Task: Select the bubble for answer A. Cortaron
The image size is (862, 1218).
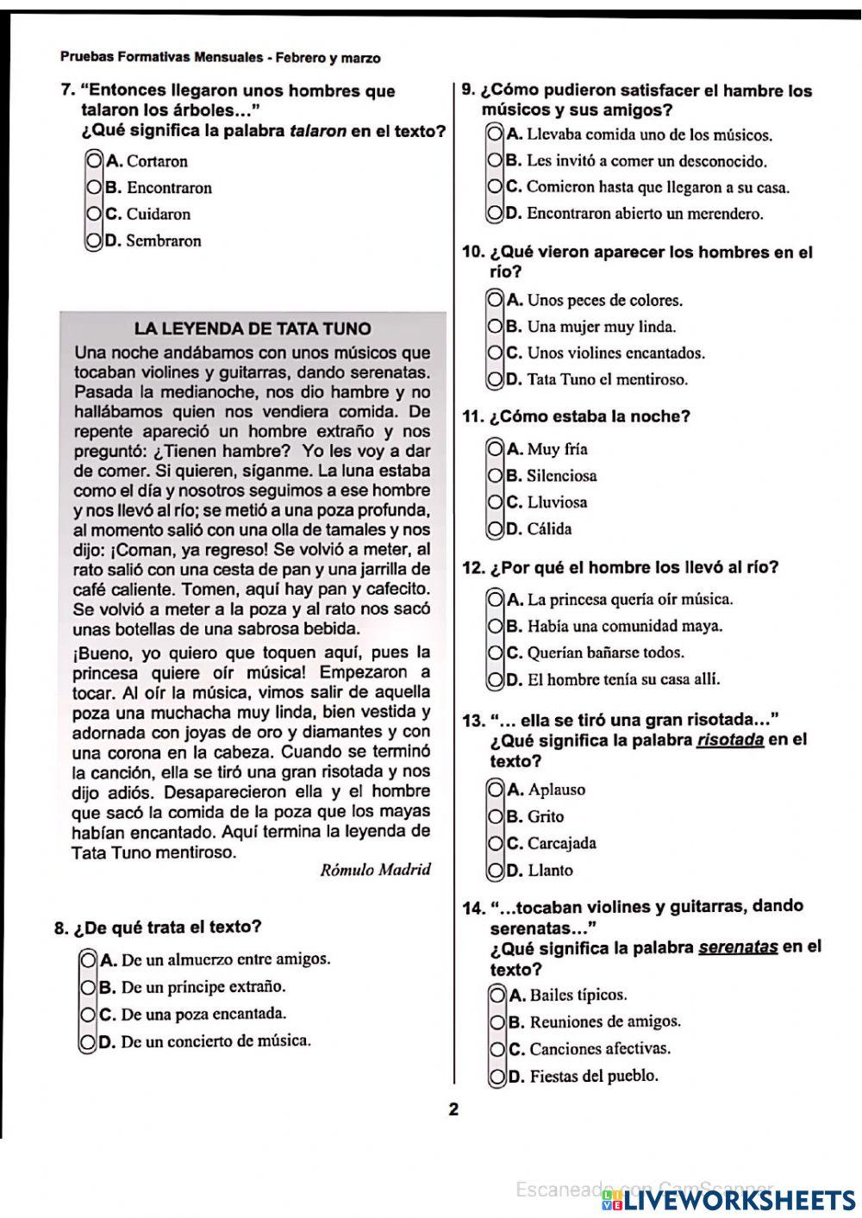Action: pyautogui.click(x=94, y=160)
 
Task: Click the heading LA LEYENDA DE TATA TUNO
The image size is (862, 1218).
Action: pyautogui.click(x=253, y=328)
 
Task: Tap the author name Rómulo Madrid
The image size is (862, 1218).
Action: pyautogui.click(x=375, y=869)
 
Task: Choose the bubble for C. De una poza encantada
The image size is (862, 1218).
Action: pyautogui.click(x=88, y=1015)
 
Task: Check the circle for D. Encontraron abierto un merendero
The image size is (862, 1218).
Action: pyautogui.click(x=495, y=213)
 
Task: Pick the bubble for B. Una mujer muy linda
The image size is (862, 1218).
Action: pyautogui.click(x=495, y=327)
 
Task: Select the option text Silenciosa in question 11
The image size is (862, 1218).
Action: pyautogui.click(x=561, y=475)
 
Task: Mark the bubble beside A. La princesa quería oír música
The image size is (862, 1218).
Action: pyautogui.click(x=495, y=599)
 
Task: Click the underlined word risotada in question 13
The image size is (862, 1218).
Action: pyautogui.click(x=730, y=740)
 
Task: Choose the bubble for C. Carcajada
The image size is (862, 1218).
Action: pyautogui.click(x=496, y=843)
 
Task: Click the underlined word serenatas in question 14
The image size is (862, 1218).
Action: pyautogui.click(x=738, y=946)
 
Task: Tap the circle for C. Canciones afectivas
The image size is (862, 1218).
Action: pyautogui.click(x=497, y=1049)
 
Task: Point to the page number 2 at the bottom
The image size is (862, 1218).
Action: pyautogui.click(x=453, y=1109)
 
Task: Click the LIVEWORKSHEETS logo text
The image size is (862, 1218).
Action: pyautogui.click(x=737, y=1199)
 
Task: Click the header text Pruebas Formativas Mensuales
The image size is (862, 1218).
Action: pyautogui.click(x=161, y=58)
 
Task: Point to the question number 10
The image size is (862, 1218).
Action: pyautogui.click(x=473, y=252)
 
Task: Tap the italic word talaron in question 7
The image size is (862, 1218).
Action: pyautogui.click(x=318, y=131)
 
